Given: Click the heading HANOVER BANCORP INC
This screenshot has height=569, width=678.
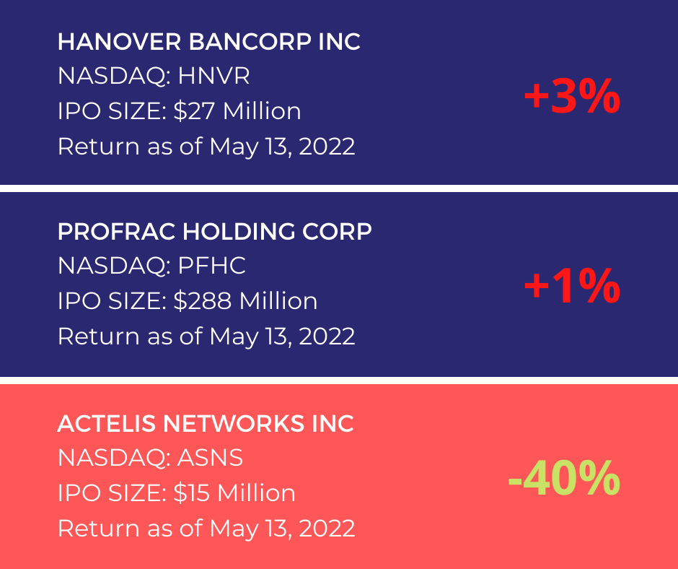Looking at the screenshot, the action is [x=209, y=42].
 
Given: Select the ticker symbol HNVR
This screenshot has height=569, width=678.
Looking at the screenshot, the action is [x=213, y=76].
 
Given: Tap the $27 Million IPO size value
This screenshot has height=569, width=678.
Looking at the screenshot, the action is [x=237, y=111].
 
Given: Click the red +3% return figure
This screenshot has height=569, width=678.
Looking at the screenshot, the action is [x=572, y=96].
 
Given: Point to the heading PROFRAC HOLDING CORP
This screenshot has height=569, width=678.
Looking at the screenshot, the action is [x=214, y=232].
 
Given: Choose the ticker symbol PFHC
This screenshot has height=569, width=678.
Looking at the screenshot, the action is [x=211, y=266].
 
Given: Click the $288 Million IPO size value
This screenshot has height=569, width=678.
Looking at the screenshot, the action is [x=245, y=300].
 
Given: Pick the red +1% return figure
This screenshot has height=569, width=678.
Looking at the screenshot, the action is [x=572, y=286].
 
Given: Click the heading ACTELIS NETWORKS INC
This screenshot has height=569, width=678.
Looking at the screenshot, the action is [x=206, y=424].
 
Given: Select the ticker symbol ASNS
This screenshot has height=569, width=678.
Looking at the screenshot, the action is [x=210, y=457].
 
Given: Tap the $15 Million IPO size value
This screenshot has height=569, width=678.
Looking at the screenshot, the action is [x=234, y=492].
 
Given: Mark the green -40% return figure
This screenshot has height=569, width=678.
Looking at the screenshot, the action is [x=564, y=478].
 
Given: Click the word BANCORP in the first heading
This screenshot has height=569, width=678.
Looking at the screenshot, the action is [x=250, y=42].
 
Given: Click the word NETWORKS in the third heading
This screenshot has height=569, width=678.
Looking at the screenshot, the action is [x=234, y=424].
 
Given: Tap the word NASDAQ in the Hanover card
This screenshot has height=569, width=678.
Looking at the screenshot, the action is [x=111, y=77].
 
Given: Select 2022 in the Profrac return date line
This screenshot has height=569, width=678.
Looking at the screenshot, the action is [x=327, y=336].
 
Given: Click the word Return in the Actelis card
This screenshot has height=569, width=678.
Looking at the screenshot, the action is [x=99, y=529].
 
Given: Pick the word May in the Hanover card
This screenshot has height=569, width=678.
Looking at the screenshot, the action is [x=234, y=147].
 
